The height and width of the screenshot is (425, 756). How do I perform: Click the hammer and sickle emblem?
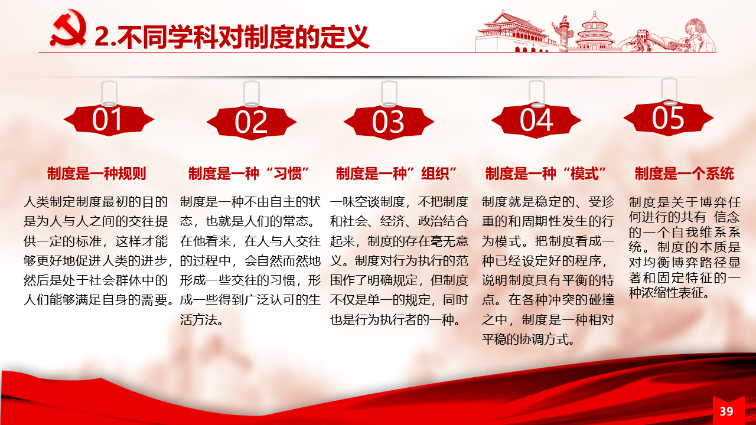click(x=69, y=29)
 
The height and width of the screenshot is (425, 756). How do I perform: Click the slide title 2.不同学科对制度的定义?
click(x=232, y=37)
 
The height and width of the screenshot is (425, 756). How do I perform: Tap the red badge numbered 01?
click(x=109, y=120)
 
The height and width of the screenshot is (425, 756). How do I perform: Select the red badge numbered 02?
click(x=252, y=122)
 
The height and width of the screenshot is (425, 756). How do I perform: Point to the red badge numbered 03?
click(x=389, y=122)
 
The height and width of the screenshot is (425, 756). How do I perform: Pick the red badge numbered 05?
click(x=669, y=118)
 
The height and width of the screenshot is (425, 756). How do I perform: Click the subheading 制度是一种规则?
click(x=96, y=174)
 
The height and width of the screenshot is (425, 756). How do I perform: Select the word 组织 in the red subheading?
click(x=435, y=174)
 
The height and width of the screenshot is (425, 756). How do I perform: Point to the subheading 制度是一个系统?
click(x=685, y=174)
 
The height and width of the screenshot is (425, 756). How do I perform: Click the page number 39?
click(x=726, y=411)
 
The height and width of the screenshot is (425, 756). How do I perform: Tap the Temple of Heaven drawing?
click(x=595, y=32)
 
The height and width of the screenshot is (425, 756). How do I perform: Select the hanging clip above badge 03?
click(x=389, y=94)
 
